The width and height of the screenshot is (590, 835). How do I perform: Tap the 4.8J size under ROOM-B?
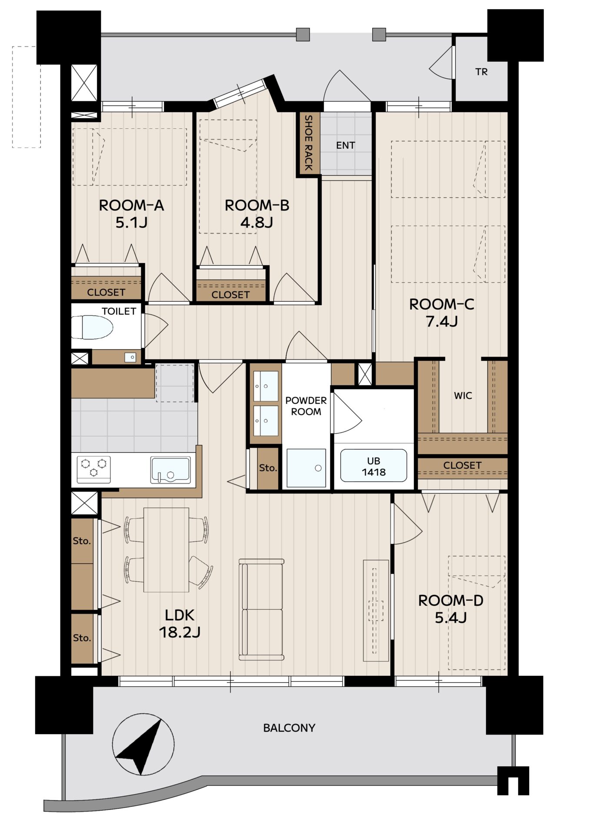coord(257,223)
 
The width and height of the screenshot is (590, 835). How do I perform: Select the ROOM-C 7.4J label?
coord(442,313)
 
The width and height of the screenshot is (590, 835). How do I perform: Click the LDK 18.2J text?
coord(180,624)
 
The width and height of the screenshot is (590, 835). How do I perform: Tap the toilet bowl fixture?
coord(92,327)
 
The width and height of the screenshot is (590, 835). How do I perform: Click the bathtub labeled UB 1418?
coord(373,466)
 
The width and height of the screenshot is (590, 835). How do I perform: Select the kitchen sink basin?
coord(170,470)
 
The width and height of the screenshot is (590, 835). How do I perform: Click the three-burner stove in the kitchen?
coord(94,469)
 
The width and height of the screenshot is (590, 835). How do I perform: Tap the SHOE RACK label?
coord(308,143)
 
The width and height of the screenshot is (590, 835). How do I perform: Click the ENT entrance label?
coord(346,145)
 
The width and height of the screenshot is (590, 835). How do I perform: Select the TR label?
coord(481,72)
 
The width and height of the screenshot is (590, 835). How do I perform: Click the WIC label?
coord(463,396)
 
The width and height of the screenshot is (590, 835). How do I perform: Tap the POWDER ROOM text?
coord(306,406)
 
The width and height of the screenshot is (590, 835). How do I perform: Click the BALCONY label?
coord(289,728)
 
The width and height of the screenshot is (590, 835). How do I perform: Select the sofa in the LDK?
coord(261,610)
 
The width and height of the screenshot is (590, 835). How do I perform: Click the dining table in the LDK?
coord(166,550)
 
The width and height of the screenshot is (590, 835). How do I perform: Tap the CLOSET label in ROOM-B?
coord(230,295)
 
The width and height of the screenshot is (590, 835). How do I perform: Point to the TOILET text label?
coord(119,311)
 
